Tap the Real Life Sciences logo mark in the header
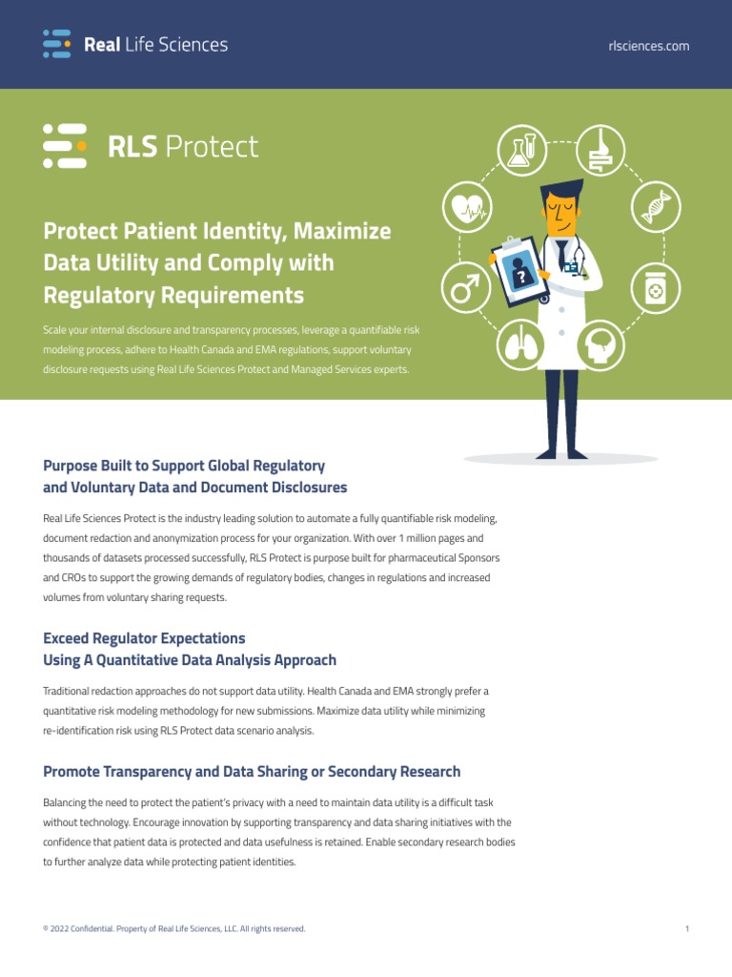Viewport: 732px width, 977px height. point(57,44)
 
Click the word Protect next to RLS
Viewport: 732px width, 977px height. point(211,147)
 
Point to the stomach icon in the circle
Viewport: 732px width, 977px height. point(600,151)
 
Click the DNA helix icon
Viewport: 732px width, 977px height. point(656,206)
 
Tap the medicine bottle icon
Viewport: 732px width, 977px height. point(656,290)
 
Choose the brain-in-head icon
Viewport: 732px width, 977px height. point(600,345)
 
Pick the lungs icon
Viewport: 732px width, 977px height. point(523,345)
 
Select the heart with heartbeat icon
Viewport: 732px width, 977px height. point(467,206)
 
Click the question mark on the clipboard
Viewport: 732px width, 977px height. point(521,275)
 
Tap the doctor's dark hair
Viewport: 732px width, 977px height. point(562,191)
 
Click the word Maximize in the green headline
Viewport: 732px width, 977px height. point(342,231)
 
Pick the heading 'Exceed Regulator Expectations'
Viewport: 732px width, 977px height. point(144,637)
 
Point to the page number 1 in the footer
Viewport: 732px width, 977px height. point(687,928)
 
